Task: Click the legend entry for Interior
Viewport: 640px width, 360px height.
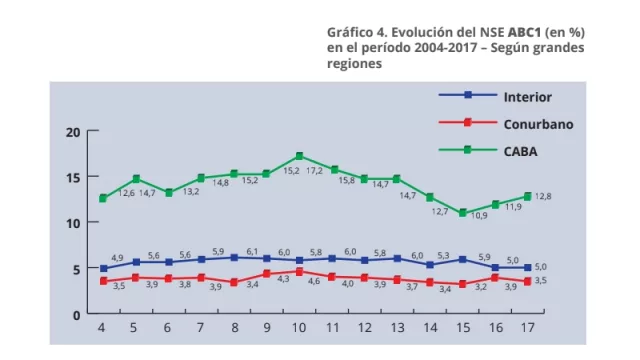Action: pos(527,96)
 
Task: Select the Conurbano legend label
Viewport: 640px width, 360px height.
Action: pos(537,124)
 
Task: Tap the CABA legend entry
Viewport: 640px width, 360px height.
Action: pos(521,151)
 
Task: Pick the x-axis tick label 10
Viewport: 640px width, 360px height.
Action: pos(299,328)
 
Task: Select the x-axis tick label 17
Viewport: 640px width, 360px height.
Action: pos(527,328)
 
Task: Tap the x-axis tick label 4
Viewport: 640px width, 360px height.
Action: pos(102,328)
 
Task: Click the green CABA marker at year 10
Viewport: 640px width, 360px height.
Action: pos(299,156)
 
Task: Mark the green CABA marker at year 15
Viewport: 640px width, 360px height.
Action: pos(462,213)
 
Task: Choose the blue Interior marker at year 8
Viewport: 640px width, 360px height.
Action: pos(234,257)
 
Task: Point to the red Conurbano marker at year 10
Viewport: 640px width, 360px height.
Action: pos(299,271)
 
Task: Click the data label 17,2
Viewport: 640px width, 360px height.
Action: pos(313,171)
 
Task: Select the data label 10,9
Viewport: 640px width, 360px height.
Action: pos(479,215)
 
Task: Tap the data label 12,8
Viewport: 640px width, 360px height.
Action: pos(542,196)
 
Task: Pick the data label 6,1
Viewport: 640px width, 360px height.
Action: pos(252,252)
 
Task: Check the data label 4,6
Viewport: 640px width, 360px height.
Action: pos(314,282)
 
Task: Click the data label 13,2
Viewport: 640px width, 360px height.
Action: pos(189,191)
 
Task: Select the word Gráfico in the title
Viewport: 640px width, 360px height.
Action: pos(350,31)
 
